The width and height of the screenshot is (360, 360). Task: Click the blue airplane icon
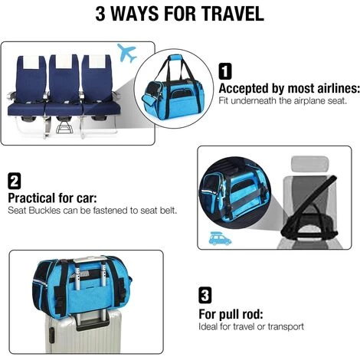click(127, 53)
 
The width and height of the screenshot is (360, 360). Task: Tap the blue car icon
click(220, 239)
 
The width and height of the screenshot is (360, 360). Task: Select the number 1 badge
click(225, 71)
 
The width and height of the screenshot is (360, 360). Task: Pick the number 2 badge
click(15, 181)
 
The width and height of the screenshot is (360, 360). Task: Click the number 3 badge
click(205, 295)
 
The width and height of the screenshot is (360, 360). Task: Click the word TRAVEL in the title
click(232, 14)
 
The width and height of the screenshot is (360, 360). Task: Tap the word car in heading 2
click(87, 198)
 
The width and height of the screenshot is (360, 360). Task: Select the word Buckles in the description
click(44, 211)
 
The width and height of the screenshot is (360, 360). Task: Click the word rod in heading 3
click(253, 314)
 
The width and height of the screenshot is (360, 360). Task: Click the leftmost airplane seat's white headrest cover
click(31, 62)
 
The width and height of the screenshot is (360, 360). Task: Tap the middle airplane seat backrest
click(64, 79)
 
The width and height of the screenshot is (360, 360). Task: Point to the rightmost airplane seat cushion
click(102, 109)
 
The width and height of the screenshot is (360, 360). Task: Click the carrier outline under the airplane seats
click(64, 127)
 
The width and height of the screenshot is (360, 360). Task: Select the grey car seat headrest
click(309, 165)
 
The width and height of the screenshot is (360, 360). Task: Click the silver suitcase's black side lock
click(51, 335)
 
